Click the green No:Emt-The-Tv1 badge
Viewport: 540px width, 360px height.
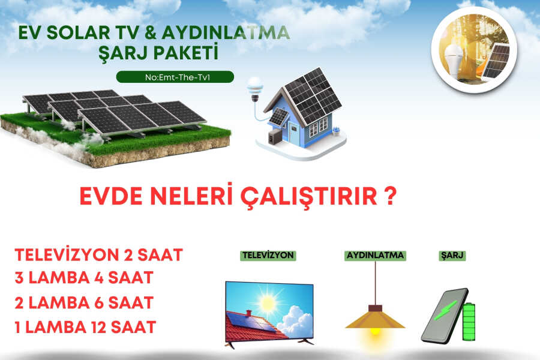[x=175, y=77]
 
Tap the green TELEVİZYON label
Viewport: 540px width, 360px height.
[x=268, y=255]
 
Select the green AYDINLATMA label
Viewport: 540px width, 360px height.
[x=375, y=255]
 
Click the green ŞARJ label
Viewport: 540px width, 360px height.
[x=452, y=255]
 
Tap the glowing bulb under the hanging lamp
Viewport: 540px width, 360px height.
[x=374, y=331]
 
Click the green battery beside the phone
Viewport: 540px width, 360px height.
[x=469, y=322]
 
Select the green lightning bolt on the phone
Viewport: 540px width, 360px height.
[x=445, y=310]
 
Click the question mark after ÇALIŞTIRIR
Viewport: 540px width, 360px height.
[x=390, y=196]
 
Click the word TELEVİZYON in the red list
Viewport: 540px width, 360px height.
[x=67, y=254]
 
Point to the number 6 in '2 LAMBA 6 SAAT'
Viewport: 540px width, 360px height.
[x=99, y=303]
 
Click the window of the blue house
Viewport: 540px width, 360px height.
[x=318, y=127]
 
